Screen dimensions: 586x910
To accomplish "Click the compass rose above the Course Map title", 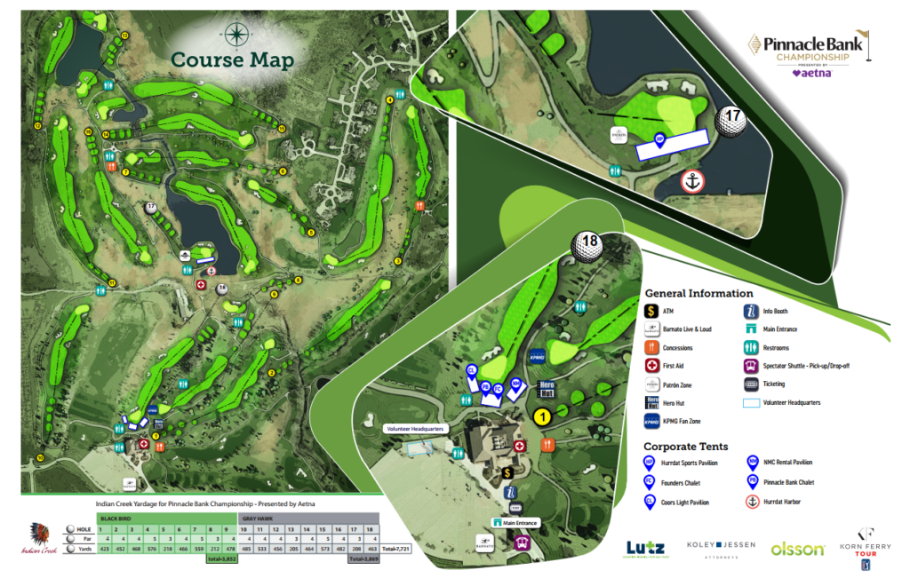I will [236, 35].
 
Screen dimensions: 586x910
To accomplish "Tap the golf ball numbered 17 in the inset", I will [732, 120].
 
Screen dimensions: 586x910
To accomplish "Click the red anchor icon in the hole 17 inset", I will [693, 182].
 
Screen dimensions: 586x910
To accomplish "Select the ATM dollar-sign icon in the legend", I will [651, 310].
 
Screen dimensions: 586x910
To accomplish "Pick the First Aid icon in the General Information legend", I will [651, 366].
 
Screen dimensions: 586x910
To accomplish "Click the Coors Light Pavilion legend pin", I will [651, 502].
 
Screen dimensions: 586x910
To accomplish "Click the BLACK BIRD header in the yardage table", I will [118, 518].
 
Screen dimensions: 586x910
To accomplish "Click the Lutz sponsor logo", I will [645, 550].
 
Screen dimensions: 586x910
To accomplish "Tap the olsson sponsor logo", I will [797, 550].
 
